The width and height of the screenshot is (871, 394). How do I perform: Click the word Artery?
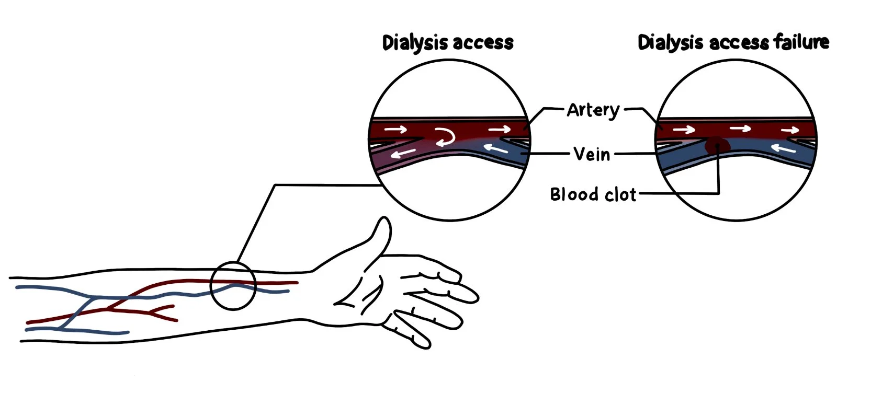(x=593, y=110)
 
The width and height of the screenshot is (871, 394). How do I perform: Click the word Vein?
(x=592, y=154)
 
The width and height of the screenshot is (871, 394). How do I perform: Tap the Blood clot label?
(x=593, y=194)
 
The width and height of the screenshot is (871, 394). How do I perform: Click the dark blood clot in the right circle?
(x=716, y=145)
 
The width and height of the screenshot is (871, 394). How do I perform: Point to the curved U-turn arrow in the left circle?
(x=445, y=136)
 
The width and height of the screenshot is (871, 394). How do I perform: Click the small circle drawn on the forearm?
(x=233, y=286)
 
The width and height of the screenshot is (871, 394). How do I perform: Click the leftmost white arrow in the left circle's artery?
(x=395, y=129)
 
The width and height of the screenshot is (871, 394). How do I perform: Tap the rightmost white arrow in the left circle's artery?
(x=499, y=129)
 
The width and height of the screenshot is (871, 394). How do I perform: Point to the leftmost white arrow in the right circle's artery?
(x=684, y=129)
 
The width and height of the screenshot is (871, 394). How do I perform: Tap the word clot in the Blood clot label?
(x=620, y=194)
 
